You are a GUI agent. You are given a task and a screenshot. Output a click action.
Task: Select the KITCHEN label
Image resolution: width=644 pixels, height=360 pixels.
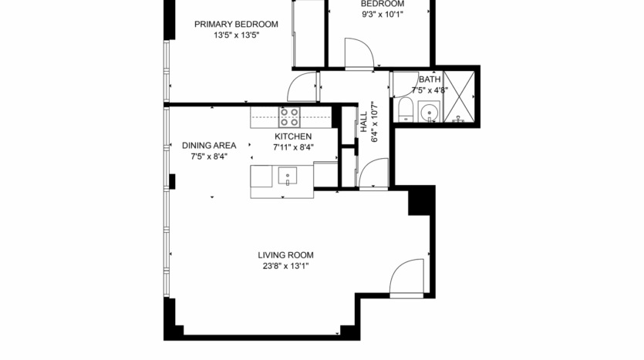[292, 136]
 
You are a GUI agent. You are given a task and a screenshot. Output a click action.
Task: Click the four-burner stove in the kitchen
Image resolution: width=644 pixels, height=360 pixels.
[289, 117]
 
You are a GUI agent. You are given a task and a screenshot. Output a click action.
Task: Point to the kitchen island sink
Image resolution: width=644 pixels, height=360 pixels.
[288, 175]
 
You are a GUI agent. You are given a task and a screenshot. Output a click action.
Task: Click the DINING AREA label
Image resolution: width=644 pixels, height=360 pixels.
[209, 145]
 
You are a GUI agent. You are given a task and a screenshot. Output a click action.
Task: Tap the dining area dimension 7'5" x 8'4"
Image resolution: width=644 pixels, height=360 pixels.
[209, 156]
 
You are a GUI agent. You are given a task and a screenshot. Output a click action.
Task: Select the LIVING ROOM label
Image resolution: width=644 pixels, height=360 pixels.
[285, 255]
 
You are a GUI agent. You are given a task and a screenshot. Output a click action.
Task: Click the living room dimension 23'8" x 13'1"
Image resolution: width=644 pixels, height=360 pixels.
[285, 267]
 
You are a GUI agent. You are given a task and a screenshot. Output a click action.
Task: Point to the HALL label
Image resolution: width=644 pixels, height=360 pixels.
[363, 123]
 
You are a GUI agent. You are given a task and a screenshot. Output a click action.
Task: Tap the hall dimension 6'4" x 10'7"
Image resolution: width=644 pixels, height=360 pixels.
[376, 123]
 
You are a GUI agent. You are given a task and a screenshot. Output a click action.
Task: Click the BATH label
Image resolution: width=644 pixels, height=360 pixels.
[430, 79]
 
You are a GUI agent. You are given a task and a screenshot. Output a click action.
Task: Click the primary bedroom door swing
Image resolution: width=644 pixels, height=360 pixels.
[302, 87]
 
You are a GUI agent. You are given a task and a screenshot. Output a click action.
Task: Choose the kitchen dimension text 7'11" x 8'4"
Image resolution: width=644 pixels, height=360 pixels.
[292, 148]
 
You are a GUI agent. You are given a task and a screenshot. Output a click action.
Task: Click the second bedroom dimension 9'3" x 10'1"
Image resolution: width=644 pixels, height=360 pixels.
[382, 13]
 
